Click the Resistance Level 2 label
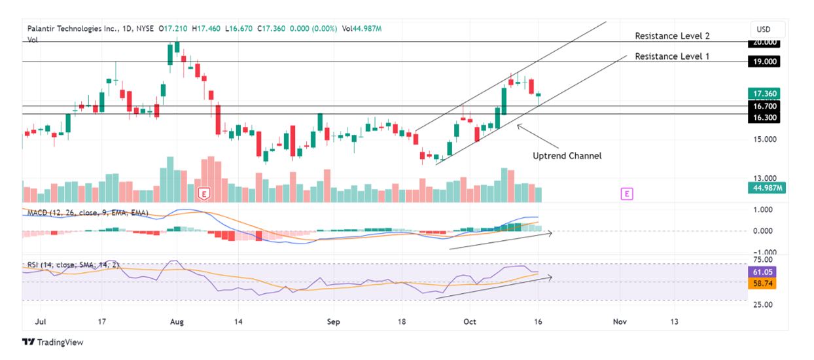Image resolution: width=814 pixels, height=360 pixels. point(672,36)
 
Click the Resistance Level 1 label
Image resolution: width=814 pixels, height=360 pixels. point(672,56)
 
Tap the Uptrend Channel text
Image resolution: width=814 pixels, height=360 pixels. point(567,156)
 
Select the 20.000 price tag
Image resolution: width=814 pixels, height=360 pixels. point(764,43)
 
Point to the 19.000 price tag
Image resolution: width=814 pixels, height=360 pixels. point(764,62)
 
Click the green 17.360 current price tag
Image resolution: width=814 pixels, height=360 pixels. point(764,94)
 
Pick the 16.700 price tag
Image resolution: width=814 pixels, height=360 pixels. point(764,106)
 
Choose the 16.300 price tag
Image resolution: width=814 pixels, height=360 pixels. point(764,118)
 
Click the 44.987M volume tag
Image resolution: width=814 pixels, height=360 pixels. point(764,189)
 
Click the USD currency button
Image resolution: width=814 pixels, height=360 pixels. point(764,29)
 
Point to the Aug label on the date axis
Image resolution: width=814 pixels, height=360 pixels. point(176,322)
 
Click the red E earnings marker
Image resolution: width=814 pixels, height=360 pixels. point(205,194)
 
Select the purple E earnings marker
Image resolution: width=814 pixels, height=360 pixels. point(627,194)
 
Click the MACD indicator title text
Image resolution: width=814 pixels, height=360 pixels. point(88,213)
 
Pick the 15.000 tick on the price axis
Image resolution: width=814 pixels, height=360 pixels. point(764,139)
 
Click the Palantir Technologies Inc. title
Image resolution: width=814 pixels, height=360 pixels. point(72,29)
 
